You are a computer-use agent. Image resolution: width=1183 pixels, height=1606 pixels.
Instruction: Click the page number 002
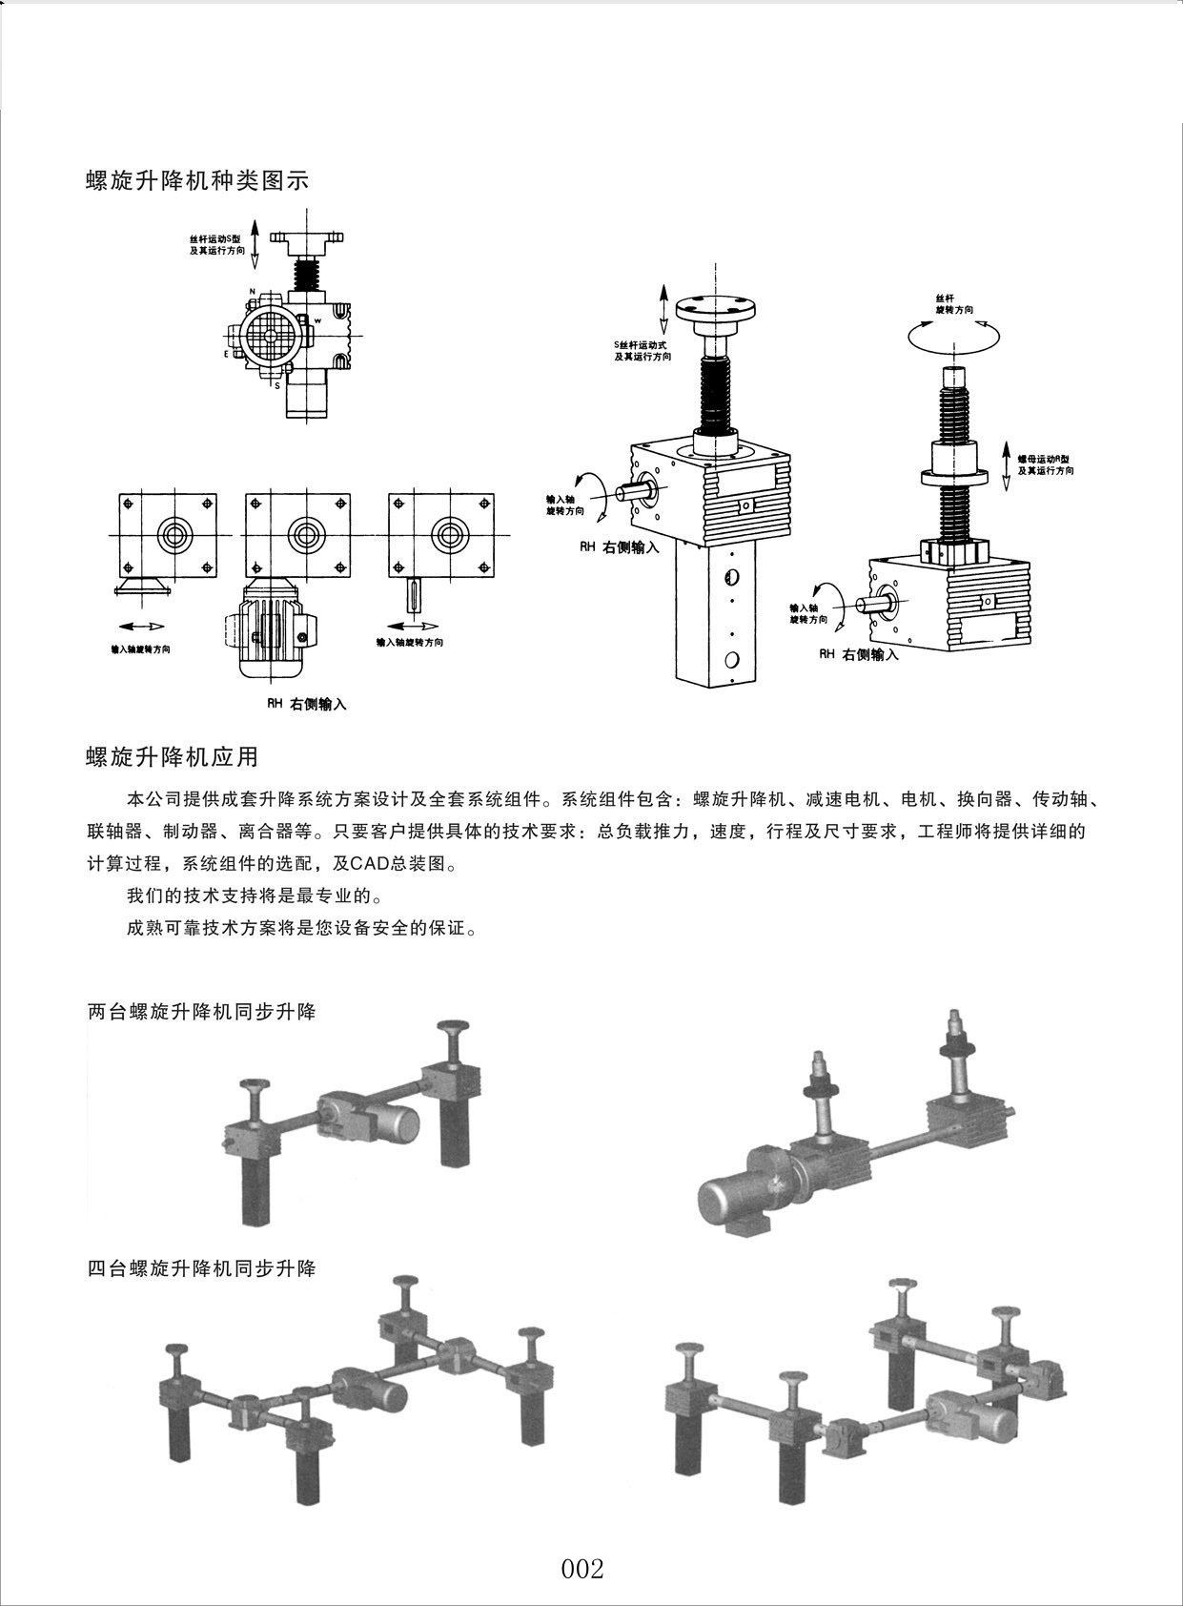tap(582, 1569)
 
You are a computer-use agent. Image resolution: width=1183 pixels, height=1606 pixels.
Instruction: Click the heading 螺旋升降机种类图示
tap(197, 180)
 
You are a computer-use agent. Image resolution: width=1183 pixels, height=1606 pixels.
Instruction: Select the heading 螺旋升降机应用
tap(173, 756)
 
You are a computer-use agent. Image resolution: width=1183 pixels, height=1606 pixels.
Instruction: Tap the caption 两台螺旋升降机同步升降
tap(201, 1012)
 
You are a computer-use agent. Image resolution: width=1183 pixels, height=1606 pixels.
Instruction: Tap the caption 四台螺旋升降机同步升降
tap(201, 1268)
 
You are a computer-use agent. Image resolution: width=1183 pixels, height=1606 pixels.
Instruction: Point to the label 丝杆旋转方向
tap(954, 304)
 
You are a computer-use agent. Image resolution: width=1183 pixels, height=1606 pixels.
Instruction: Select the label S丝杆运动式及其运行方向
tap(642, 350)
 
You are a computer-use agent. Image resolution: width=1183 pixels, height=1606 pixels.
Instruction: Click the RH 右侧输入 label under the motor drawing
tap(306, 705)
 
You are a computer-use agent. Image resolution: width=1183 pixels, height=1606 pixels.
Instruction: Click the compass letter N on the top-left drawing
tap(252, 291)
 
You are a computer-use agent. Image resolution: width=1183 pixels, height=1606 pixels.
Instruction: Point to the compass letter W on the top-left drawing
tap(317, 320)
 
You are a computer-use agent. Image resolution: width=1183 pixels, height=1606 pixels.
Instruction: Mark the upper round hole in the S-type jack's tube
tap(731, 577)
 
